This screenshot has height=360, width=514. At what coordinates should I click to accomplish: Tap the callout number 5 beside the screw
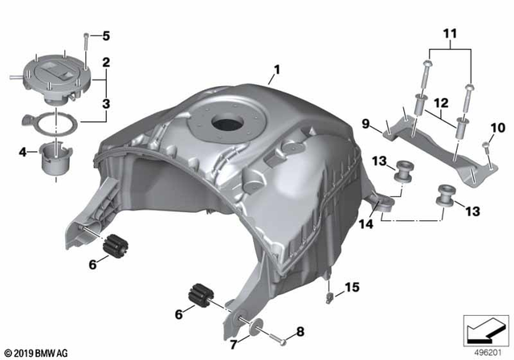point(105,36)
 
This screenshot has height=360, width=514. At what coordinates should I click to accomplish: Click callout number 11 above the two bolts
point(447,36)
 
